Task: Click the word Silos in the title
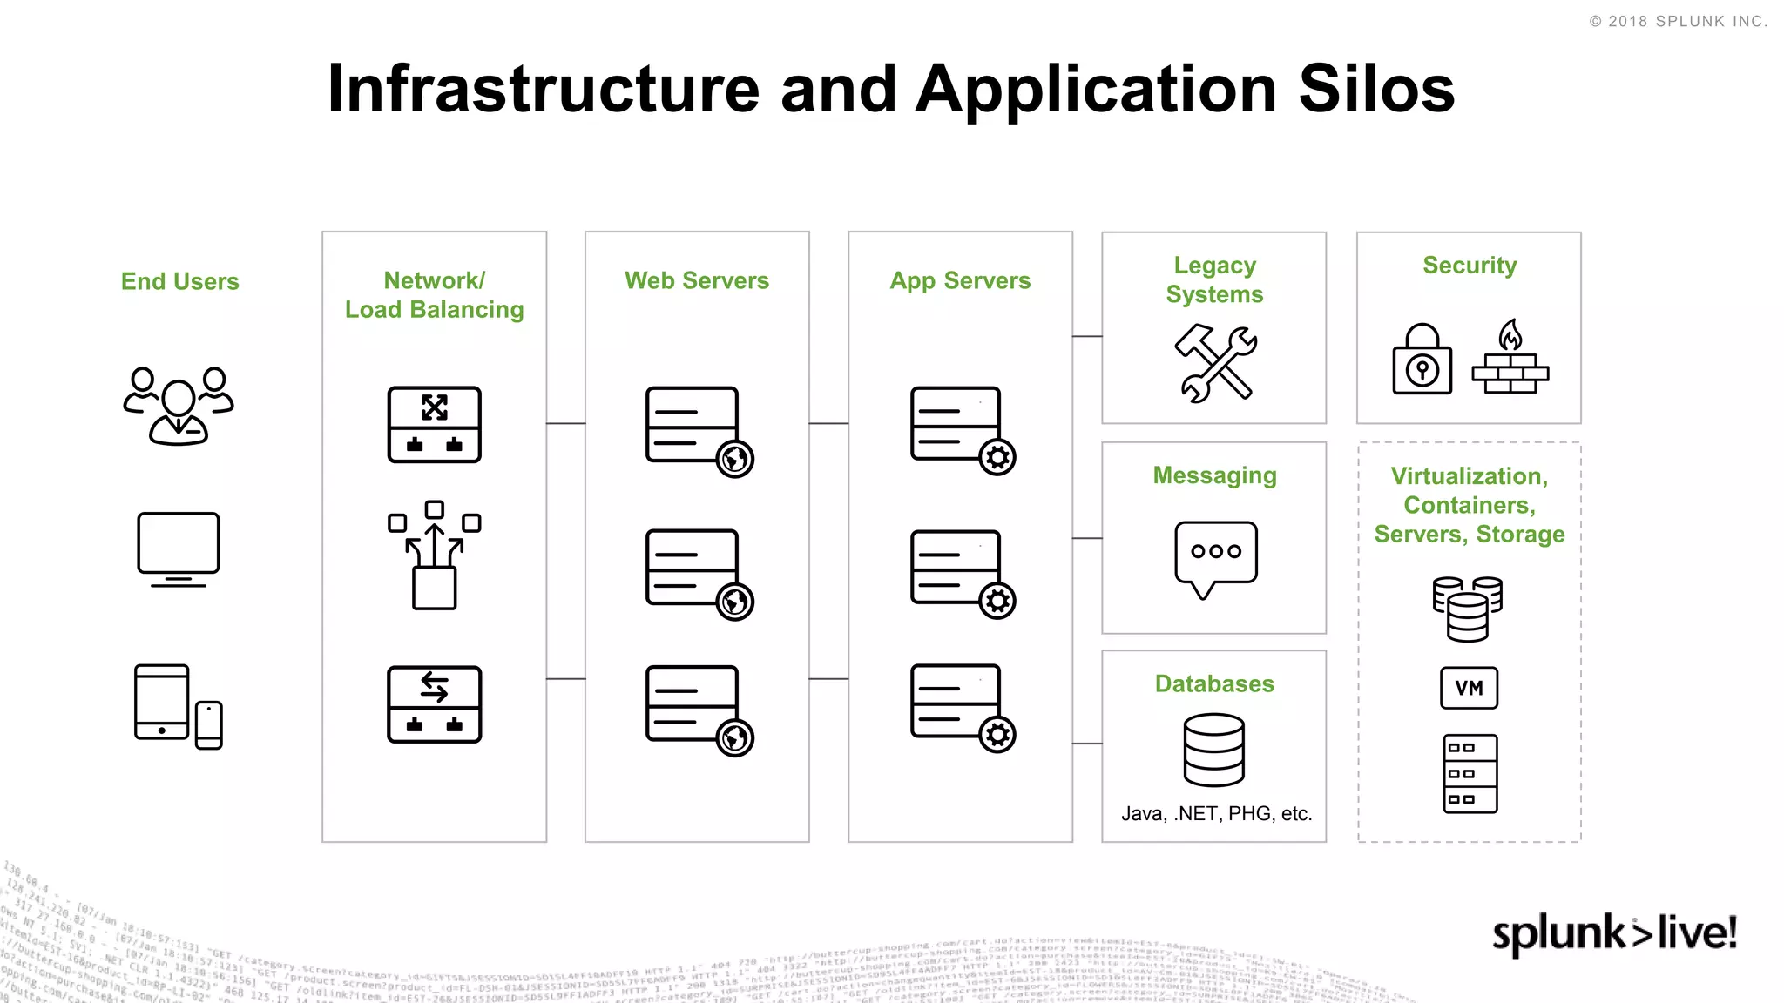1375,89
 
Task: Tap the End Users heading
179,281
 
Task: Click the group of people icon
179,405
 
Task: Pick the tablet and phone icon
179,706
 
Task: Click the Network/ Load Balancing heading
434,295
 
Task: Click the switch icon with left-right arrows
434,703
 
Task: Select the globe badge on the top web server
734,459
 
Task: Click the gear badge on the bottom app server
997,735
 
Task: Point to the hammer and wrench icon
1215,363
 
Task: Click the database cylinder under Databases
1214,750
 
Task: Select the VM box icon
1469,688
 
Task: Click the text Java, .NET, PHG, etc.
1216,813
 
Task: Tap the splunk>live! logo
1614,933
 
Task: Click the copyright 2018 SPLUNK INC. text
1678,22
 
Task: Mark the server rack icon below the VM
1470,774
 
